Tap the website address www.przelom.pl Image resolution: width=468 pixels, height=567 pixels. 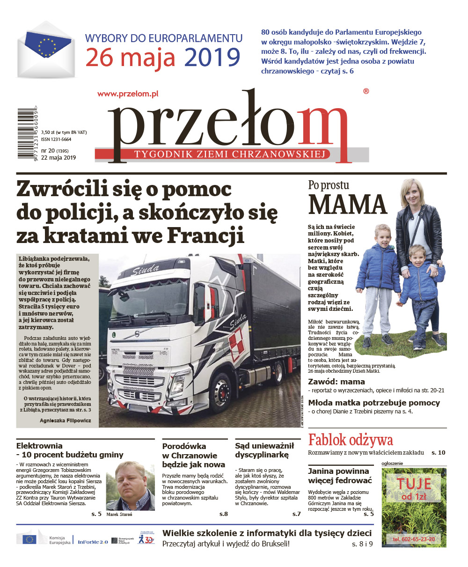pos(128,94)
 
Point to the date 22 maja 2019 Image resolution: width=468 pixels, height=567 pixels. pos(58,157)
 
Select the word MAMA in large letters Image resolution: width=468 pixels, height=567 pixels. pos(348,205)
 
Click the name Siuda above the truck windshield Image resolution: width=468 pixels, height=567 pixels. pos(145,271)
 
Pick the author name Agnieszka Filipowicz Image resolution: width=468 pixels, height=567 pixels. pos(66,420)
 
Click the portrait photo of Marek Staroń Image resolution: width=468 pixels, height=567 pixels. pos(130,486)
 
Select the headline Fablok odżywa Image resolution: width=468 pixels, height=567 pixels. pos(351,440)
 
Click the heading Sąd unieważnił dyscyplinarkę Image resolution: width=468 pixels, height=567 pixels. pos(264,450)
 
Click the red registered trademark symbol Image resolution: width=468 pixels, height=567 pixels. pos(366,92)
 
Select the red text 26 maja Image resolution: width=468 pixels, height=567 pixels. pos(130,58)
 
